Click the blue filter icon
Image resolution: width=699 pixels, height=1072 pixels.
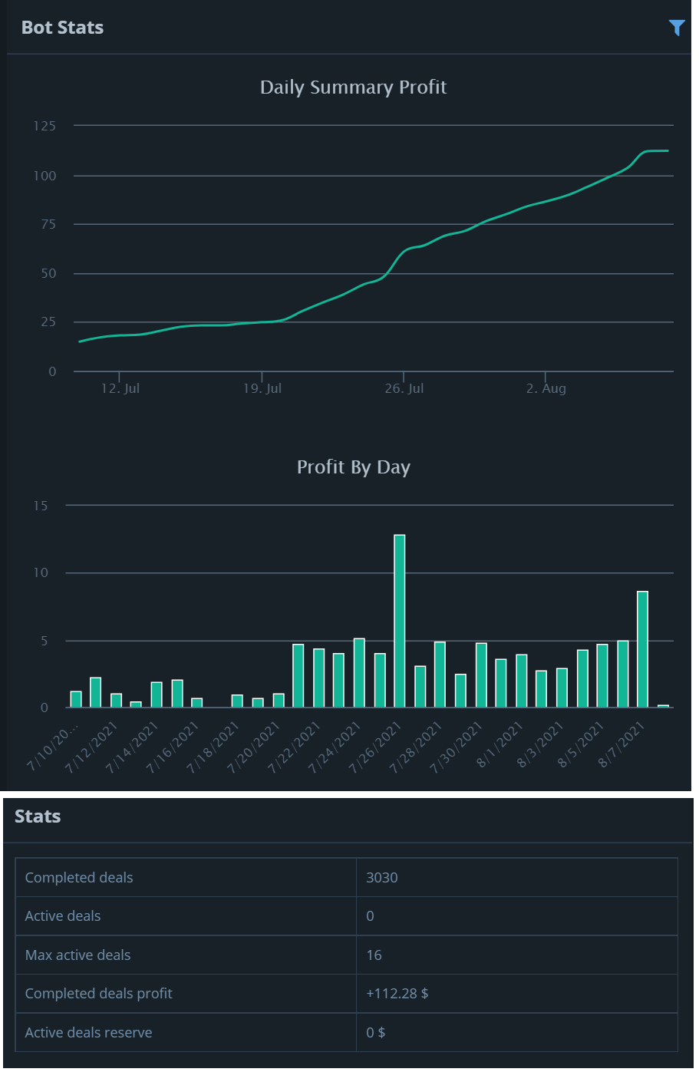pyautogui.click(x=676, y=28)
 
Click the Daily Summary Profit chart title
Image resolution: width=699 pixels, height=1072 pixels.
pyautogui.click(x=353, y=87)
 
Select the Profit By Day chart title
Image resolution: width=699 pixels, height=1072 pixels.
pyautogui.click(x=353, y=467)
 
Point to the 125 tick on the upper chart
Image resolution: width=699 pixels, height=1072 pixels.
pyautogui.click(x=45, y=126)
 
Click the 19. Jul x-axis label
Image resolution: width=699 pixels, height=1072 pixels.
pyautogui.click(x=262, y=388)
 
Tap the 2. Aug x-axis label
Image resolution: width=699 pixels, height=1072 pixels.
pyautogui.click(x=546, y=388)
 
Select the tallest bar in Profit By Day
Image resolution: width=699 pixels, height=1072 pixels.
pyautogui.click(x=399, y=620)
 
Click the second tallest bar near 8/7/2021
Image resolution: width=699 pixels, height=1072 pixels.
pyautogui.click(x=642, y=648)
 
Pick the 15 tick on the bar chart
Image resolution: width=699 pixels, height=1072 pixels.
pyautogui.click(x=41, y=506)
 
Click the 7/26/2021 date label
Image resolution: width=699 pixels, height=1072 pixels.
pyautogui.click(x=376, y=747)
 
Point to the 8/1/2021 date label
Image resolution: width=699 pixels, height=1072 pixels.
pyautogui.click(x=500, y=744)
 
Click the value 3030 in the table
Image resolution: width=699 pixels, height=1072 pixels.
pyautogui.click(x=381, y=878)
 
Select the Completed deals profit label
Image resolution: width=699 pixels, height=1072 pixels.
pyautogui.click(x=98, y=994)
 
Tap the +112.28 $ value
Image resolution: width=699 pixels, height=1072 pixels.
pyautogui.click(x=397, y=994)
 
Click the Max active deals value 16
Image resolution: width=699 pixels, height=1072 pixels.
pyautogui.click(x=374, y=955)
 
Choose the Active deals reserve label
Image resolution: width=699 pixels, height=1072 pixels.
pyautogui.click(x=88, y=1033)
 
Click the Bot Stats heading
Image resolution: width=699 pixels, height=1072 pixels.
pyautogui.click(x=62, y=28)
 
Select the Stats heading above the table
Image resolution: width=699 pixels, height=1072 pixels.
pyautogui.click(x=38, y=816)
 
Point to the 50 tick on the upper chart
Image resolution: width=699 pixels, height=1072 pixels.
pyautogui.click(x=48, y=274)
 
